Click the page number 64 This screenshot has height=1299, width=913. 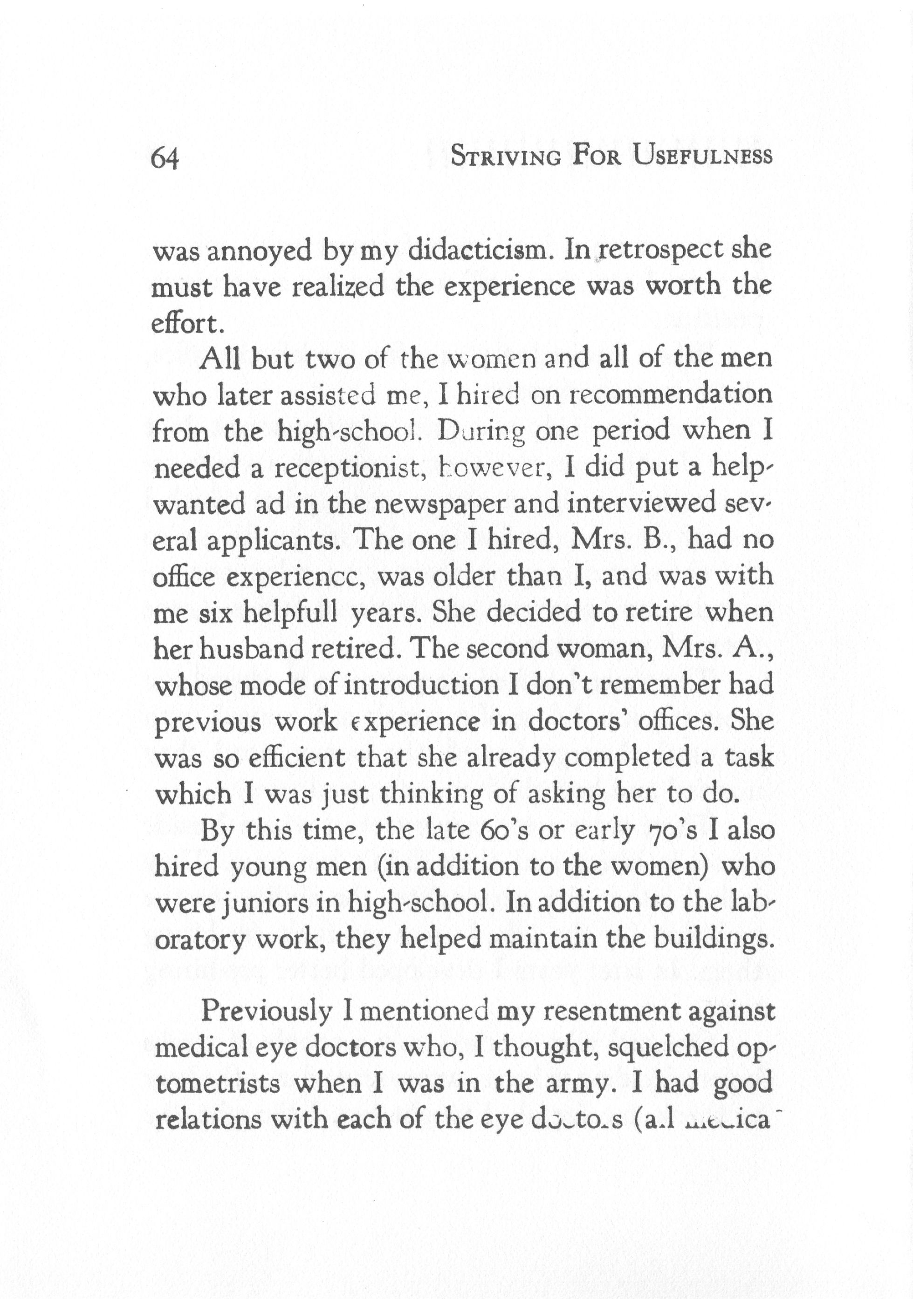pyautogui.click(x=165, y=159)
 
